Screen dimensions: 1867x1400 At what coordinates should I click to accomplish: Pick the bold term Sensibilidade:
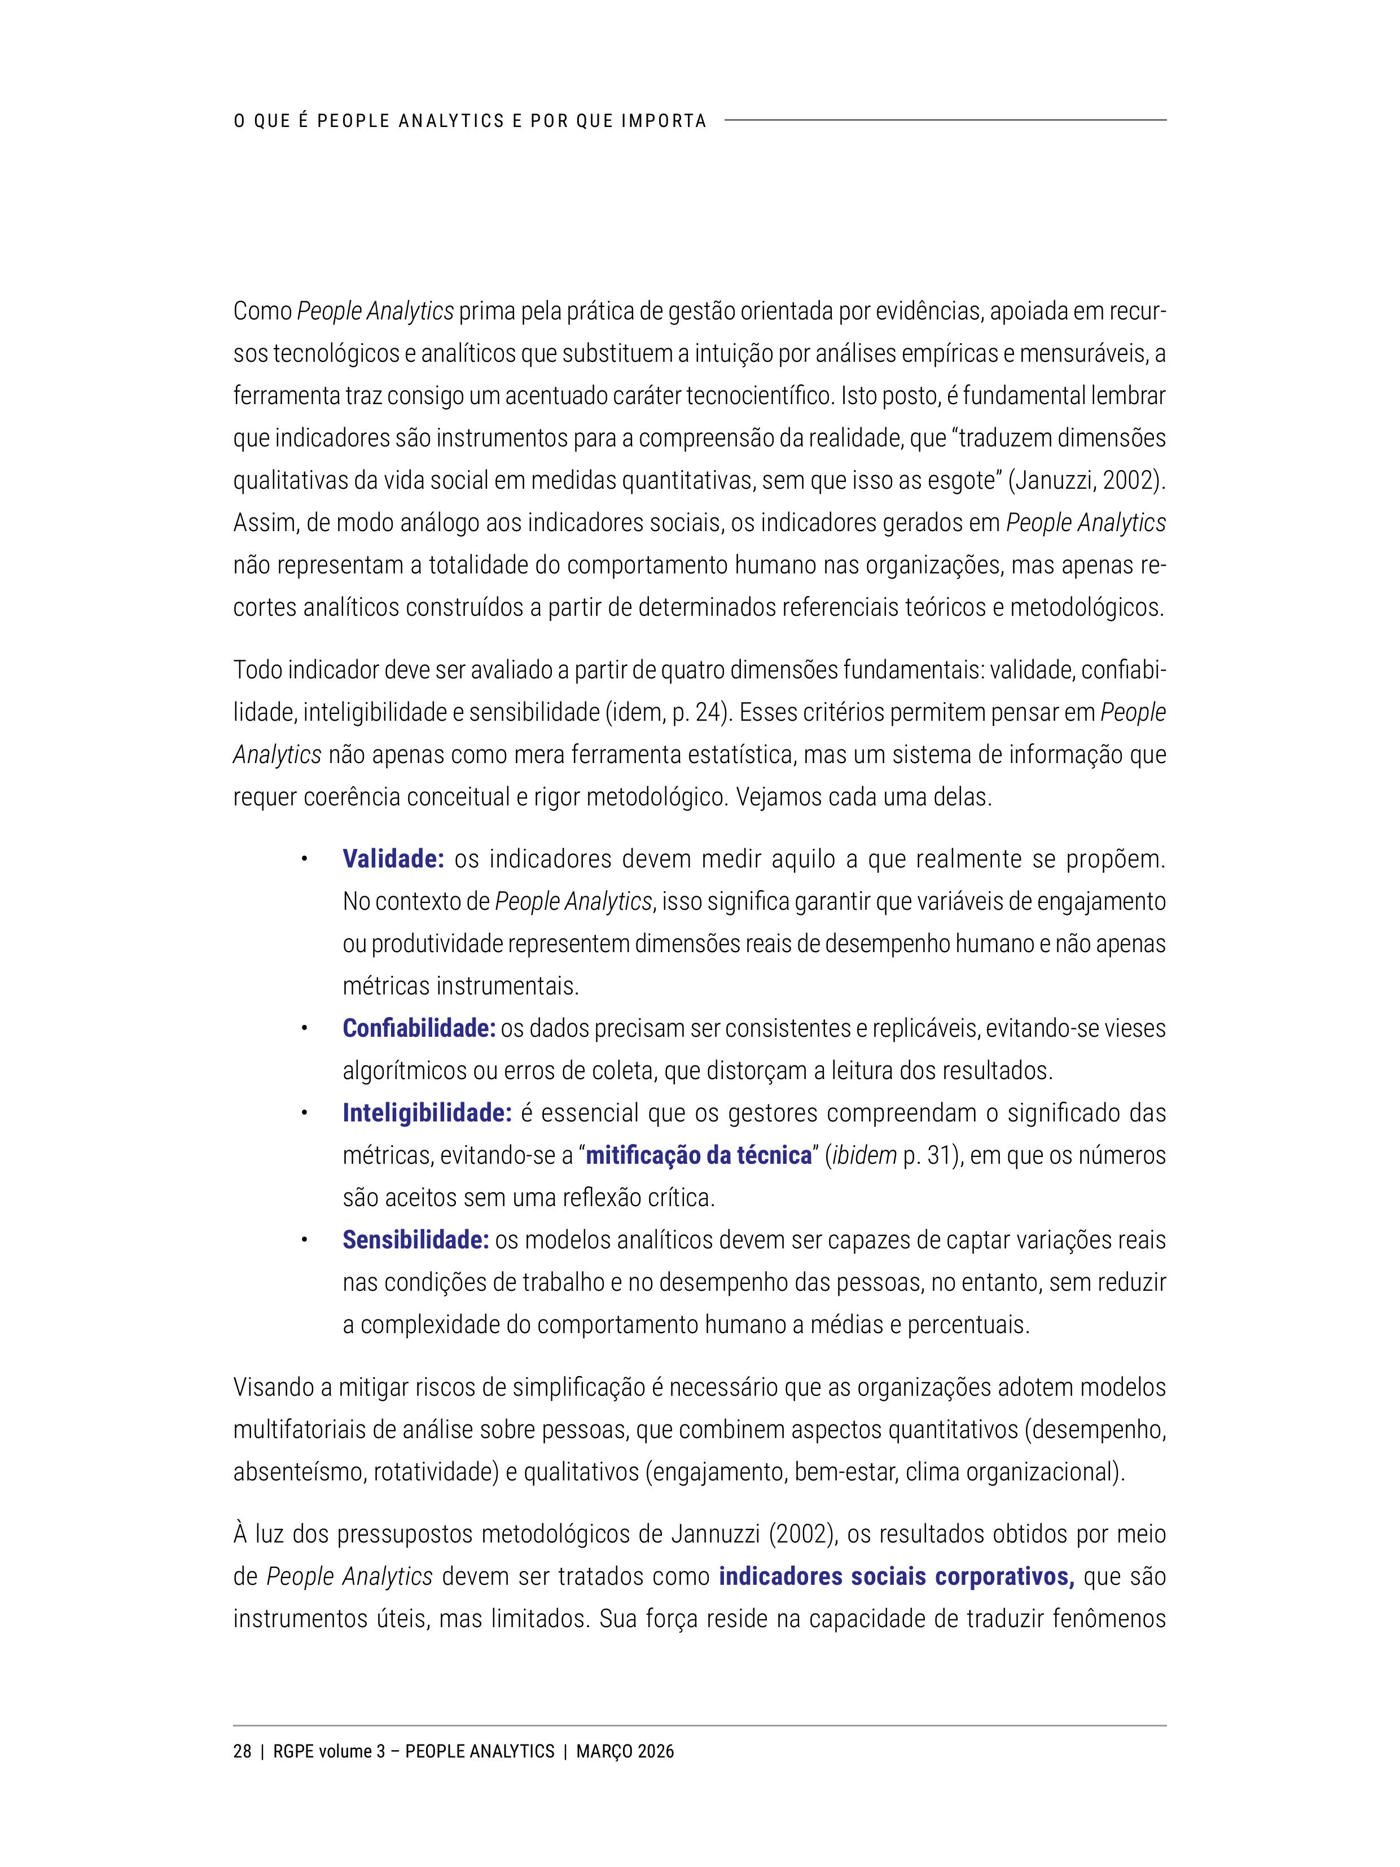click(x=415, y=1240)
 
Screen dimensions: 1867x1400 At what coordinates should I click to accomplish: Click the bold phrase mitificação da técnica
click(x=698, y=1155)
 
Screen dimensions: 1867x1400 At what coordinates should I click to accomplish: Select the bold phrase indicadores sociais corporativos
click(x=896, y=1577)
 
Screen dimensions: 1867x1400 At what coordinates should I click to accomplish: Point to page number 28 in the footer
click(x=242, y=1751)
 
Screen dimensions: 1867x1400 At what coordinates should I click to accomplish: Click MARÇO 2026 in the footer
click(x=625, y=1751)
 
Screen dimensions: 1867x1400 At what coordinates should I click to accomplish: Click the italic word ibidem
click(x=864, y=1155)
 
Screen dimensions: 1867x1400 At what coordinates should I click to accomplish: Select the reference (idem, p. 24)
click(x=666, y=712)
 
